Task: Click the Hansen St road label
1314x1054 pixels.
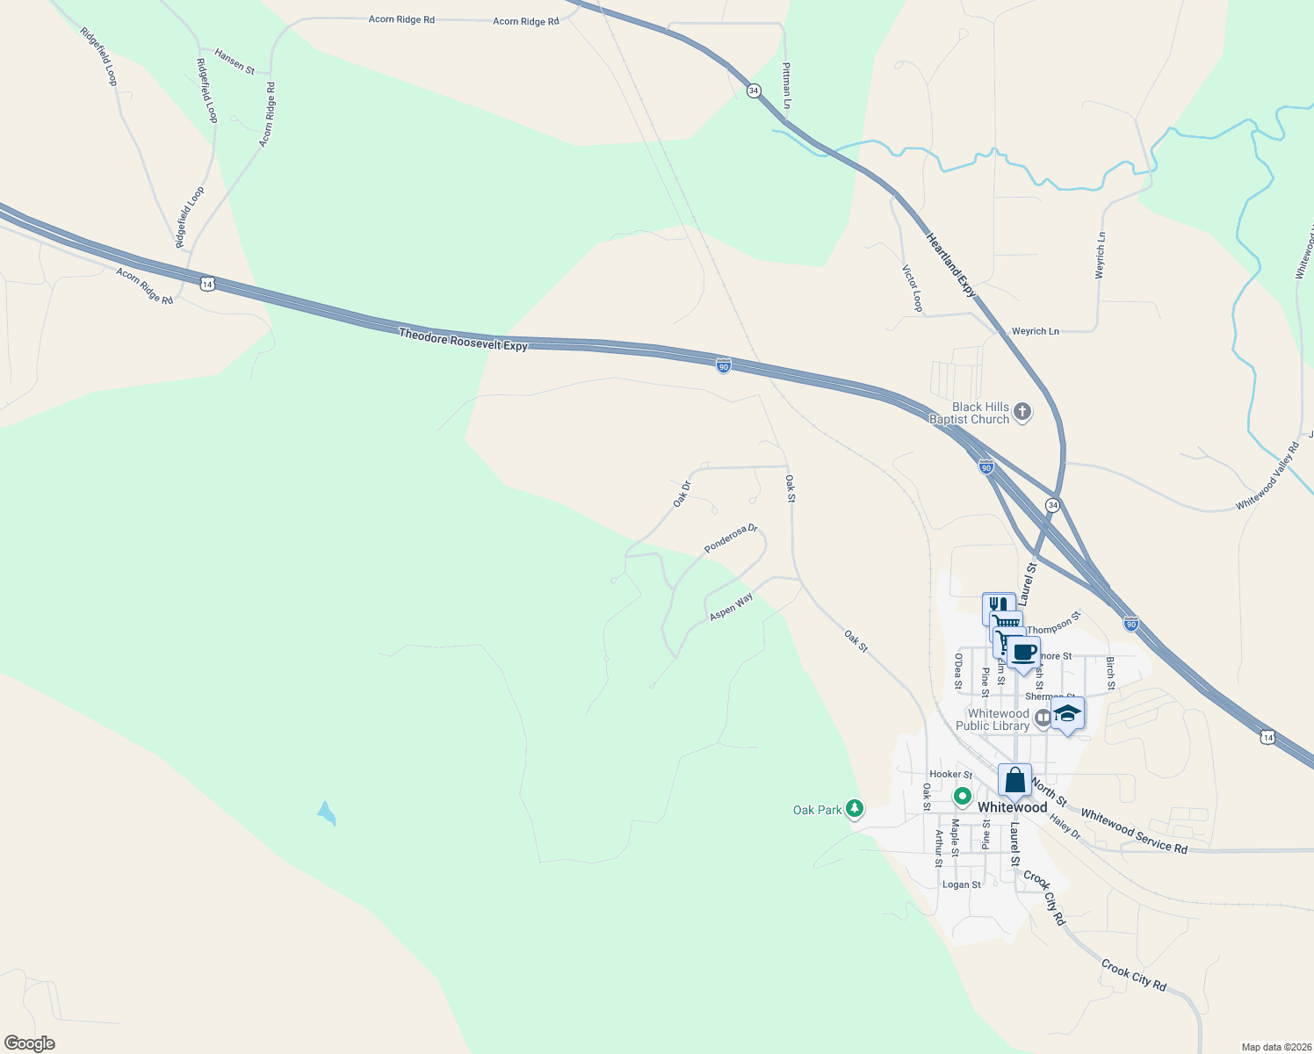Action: click(235, 61)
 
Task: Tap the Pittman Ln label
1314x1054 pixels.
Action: click(787, 85)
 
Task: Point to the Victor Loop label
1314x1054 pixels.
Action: click(913, 288)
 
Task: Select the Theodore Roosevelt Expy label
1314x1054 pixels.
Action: click(463, 340)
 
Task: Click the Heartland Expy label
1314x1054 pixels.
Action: click(951, 265)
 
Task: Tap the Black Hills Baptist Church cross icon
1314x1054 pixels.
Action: click(1022, 412)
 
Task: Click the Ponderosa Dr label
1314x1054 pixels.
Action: click(731, 539)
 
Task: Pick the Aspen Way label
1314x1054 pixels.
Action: click(732, 607)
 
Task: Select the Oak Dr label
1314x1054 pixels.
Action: click(682, 494)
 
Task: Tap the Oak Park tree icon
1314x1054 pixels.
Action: click(854, 809)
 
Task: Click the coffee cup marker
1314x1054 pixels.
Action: click(1023, 653)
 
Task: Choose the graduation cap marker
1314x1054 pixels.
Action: click(1067, 713)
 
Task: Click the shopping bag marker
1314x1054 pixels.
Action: click(1014, 780)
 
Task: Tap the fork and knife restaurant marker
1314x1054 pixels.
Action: click(998, 607)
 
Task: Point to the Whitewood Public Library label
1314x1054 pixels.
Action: click(993, 719)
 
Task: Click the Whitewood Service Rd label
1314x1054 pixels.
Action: click(1134, 832)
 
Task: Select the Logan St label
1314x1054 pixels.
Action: click(962, 884)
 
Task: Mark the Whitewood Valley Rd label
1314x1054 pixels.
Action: click(1267, 477)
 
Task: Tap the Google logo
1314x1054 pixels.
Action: click(29, 1043)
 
